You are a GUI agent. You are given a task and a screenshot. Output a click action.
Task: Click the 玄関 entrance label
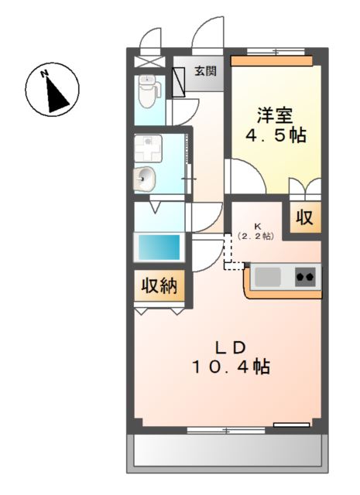point(205,71)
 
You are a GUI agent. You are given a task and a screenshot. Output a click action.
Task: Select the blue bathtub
point(159,247)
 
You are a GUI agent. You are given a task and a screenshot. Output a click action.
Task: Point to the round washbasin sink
point(145,179)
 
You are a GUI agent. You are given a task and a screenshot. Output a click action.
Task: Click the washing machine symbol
point(148,148)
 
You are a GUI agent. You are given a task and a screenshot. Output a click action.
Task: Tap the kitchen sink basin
point(268,277)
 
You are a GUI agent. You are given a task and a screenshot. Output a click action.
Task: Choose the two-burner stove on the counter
point(305,277)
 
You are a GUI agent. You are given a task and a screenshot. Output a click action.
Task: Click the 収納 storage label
point(159,286)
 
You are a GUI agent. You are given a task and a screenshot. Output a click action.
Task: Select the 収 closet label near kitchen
point(305,217)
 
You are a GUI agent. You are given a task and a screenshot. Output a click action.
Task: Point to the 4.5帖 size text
point(276,135)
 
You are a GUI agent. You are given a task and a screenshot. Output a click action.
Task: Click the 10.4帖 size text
point(231,367)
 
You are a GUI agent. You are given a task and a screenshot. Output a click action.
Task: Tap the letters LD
point(231,348)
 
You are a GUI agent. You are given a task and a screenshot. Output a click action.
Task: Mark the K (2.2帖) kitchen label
point(255,231)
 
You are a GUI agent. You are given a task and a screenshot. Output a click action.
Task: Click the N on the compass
point(44,74)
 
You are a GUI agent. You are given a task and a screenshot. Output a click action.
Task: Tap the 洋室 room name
point(274,115)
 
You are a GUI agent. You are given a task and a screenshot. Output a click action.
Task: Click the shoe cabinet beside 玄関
point(179,83)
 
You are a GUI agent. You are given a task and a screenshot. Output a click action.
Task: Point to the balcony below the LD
point(228,453)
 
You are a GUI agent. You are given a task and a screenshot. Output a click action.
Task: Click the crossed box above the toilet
point(150,62)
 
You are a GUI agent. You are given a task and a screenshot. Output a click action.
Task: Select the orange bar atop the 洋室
point(272,61)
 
